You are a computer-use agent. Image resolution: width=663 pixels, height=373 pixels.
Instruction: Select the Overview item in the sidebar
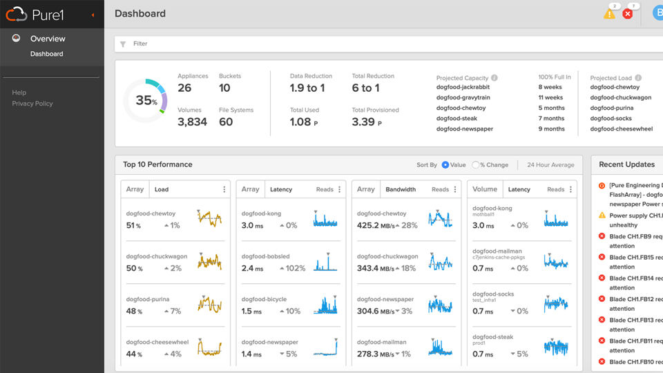pyautogui.click(x=48, y=39)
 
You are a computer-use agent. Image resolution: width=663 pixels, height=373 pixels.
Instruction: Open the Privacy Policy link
pyautogui.click(x=32, y=104)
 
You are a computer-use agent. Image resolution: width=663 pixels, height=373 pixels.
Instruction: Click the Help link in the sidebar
pyautogui.click(x=19, y=93)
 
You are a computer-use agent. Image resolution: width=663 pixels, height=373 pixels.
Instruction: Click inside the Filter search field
pyautogui.click(x=345, y=44)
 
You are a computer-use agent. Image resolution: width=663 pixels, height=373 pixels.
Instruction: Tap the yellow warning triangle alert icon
pyautogui.click(x=609, y=14)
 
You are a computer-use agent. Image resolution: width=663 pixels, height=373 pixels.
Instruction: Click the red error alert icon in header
pyautogui.click(x=628, y=14)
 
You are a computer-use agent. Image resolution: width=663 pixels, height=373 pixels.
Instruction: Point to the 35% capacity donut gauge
pyautogui.click(x=145, y=101)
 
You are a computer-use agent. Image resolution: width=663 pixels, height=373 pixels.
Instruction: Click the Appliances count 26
pyautogui.click(x=184, y=88)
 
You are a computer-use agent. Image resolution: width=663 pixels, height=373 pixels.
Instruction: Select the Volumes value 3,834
pyautogui.click(x=192, y=122)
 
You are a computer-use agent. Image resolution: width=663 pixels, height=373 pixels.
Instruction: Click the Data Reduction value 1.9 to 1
pyautogui.click(x=307, y=88)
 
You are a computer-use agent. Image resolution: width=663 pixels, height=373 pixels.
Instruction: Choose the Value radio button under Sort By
pyautogui.click(x=445, y=165)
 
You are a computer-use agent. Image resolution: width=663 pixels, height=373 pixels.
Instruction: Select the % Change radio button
pyautogui.click(x=476, y=165)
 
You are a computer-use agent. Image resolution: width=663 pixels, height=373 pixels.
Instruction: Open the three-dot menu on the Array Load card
pyautogui.click(x=224, y=189)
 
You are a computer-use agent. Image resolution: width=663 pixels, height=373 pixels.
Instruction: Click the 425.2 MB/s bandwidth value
pyautogui.click(x=377, y=225)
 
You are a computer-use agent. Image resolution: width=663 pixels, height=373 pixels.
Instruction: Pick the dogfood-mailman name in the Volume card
pyautogui.click(x=497, y=251)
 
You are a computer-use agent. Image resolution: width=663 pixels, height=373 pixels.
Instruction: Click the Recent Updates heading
pyautogui.click(x=626, y=164)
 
